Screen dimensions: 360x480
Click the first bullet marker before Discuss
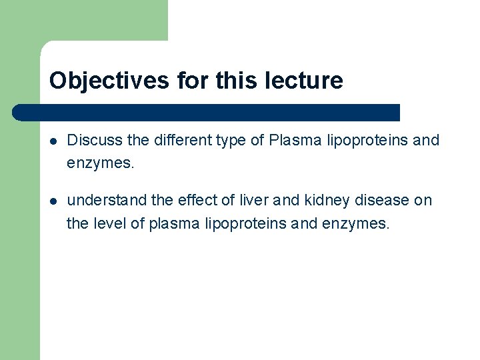coord(53,141)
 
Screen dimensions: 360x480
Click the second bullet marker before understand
coord(53,201)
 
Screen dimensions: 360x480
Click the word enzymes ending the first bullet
coord(100,163)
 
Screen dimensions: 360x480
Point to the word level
coord(109,223)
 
